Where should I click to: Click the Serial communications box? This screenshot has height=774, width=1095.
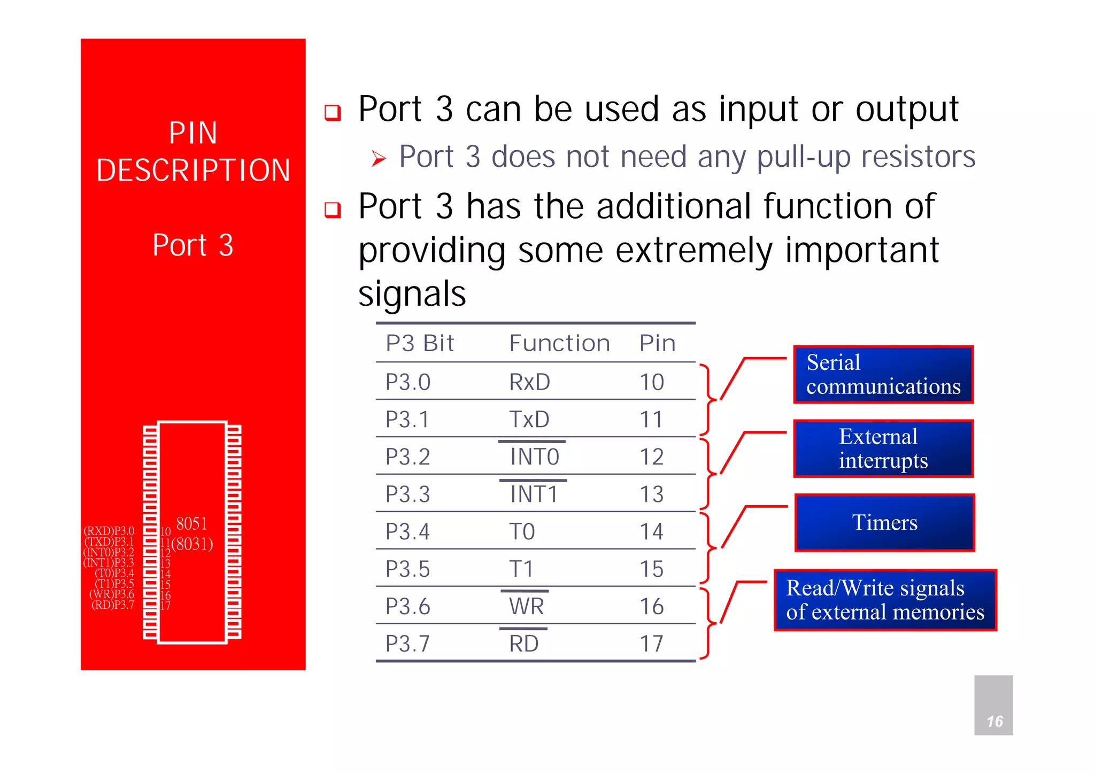click(x=883, y=374)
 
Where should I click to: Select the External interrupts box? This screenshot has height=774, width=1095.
click(x=883, y=448)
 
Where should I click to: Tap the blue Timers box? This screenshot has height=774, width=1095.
click(x=884, y=522)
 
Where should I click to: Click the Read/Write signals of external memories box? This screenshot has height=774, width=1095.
click(x=885, y=600)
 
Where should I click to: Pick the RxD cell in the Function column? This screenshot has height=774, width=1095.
click(x=529, y=382)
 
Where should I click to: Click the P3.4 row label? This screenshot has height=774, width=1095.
click(x=407, y=532)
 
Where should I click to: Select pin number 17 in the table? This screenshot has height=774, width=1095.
click(x=651, y=644)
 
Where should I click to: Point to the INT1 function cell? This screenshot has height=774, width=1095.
click(x=534, y=494)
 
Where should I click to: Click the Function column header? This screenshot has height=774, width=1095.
click(x=559, y=343)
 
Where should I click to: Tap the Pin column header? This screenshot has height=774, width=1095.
click(x=657, y=343)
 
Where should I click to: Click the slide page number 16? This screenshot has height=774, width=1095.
click(x=994, y=722)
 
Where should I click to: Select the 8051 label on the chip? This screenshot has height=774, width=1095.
click(x=191, y=523)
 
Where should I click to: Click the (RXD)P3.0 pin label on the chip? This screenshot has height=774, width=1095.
click(x=109, y=531)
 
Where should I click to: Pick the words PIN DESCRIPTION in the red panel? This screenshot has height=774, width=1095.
click(x=193, y=151)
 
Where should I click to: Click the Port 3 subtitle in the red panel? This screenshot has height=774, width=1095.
click(x=193, y=245)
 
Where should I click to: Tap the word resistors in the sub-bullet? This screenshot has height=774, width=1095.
click(x=918, y=157)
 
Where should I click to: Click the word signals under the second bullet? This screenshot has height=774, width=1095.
click(x=412, y=294)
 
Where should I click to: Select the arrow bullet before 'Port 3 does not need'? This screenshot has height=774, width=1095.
click(x=379, y=159)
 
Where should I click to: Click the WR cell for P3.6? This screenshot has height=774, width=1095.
click(x=526, y=607)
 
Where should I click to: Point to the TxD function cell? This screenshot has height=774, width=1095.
click(x=529, y=420)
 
